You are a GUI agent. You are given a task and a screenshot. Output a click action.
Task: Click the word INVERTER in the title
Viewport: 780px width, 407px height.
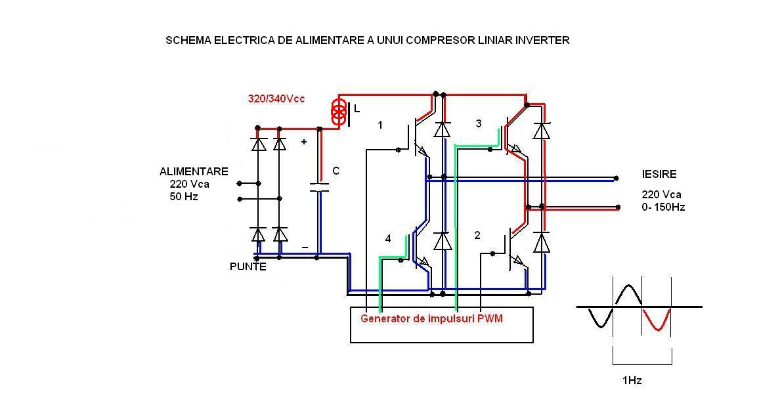[x=542, y=40]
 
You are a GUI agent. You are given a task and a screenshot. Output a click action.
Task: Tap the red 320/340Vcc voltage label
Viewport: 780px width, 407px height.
[x=276, y=98]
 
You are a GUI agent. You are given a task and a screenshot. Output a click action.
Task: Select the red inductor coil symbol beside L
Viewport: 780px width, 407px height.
[x=339, y=112]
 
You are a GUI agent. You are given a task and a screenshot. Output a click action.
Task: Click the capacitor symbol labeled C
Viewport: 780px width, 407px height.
[x=319, y=186]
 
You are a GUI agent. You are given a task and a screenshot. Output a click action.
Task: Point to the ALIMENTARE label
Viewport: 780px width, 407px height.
[x=194, y=171]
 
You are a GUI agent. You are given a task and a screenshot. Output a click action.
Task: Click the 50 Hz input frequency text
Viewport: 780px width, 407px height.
[x=184, y=196]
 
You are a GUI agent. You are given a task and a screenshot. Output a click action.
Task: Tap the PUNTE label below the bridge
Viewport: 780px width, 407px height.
[x=248, y=267]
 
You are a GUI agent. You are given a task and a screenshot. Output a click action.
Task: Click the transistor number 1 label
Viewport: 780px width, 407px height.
[x=380, y=125]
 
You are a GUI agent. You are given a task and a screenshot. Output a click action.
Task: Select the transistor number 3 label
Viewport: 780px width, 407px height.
[x=478, y=123]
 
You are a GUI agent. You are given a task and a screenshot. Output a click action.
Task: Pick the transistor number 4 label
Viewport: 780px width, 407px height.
[x=388, y=239]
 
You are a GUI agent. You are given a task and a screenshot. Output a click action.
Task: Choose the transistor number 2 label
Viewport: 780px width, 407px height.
[x=477, y=235]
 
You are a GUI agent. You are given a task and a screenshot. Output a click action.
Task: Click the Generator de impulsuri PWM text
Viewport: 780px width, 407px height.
[x=431, y=318]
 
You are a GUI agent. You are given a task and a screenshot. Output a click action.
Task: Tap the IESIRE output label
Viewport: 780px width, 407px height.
[x=659, y=175]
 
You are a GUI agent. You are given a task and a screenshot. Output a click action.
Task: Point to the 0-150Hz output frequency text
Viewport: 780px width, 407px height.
[x=664, y=207]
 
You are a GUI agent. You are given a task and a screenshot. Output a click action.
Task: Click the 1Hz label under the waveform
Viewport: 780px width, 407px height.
[x=632, y=381]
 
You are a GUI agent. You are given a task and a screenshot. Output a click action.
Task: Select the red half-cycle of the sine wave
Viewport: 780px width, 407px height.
[x=656, y=320]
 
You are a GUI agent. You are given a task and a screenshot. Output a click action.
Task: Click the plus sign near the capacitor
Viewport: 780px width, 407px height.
[x=304, y=141]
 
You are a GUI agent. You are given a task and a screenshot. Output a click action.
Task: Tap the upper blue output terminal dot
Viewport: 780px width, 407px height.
[x=616, y=177]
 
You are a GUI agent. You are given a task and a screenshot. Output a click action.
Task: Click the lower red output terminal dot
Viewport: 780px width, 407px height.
[x=618, y=207]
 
